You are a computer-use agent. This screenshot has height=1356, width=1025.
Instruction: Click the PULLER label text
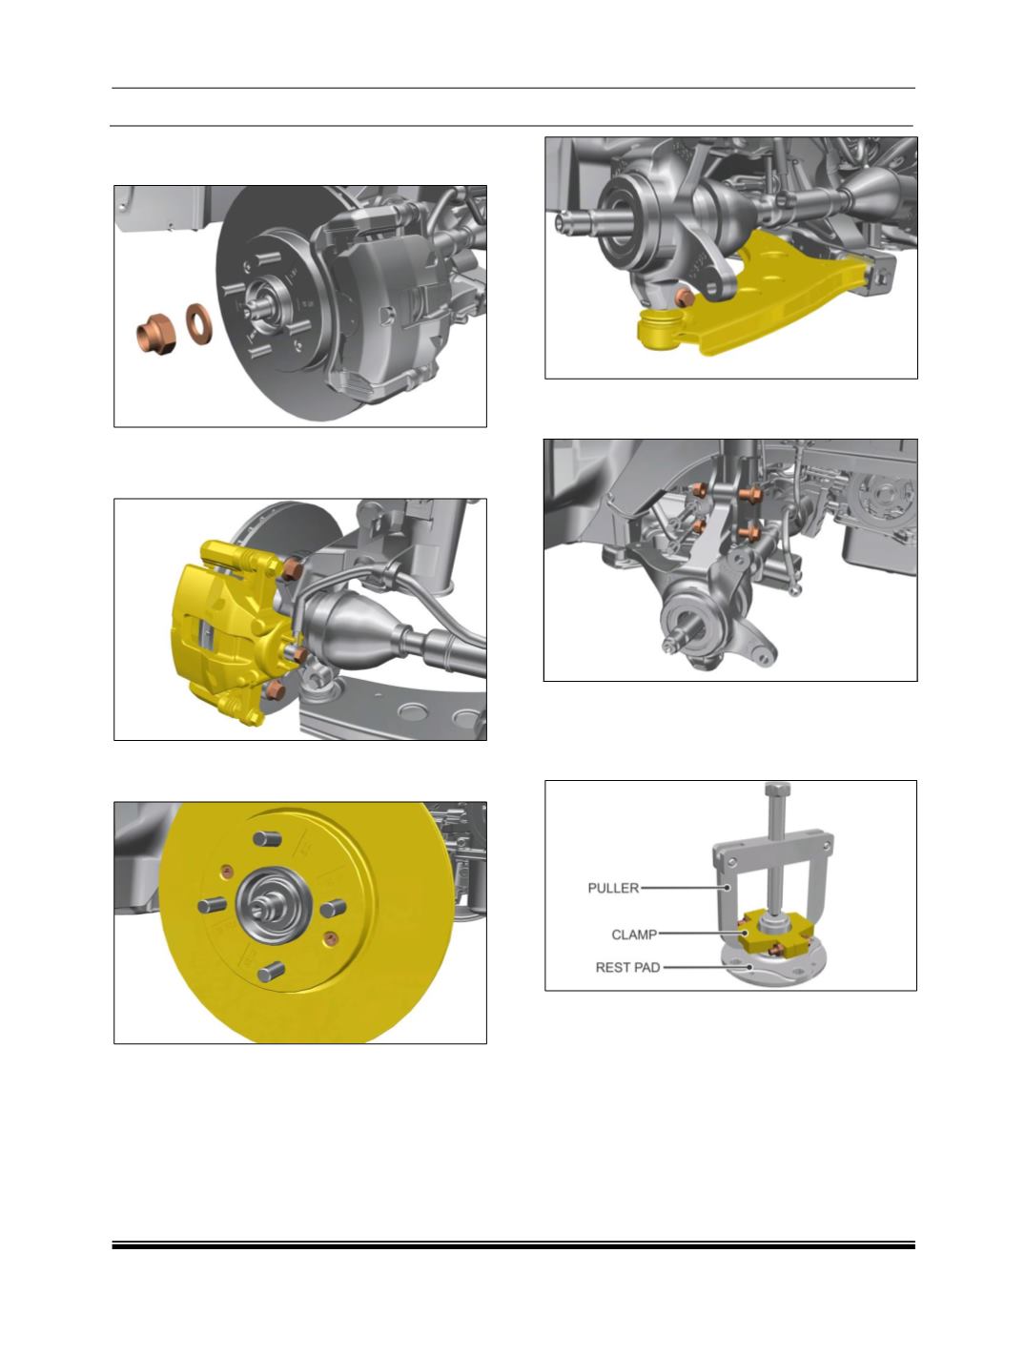pos(612,889)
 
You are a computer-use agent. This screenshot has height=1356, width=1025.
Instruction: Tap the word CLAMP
pos(633,935)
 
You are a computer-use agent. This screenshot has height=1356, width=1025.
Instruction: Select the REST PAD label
pos(627,968)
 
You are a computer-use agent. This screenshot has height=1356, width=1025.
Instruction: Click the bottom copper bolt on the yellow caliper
pos(275,689)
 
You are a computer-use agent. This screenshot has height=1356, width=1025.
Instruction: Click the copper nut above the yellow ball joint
pos(685,298)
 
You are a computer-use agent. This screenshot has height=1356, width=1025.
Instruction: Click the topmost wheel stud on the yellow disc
pos(267,839)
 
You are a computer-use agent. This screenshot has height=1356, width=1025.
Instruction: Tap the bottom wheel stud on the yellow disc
pos(271,973)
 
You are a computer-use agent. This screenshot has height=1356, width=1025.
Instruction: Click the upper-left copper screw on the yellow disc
pos(227,872)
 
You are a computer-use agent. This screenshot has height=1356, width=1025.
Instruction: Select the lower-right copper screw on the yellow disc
pos(330,938)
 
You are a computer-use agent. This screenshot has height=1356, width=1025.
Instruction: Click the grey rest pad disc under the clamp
pos(772,967)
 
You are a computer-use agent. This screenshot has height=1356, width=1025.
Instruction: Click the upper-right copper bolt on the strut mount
pos(749,493)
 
